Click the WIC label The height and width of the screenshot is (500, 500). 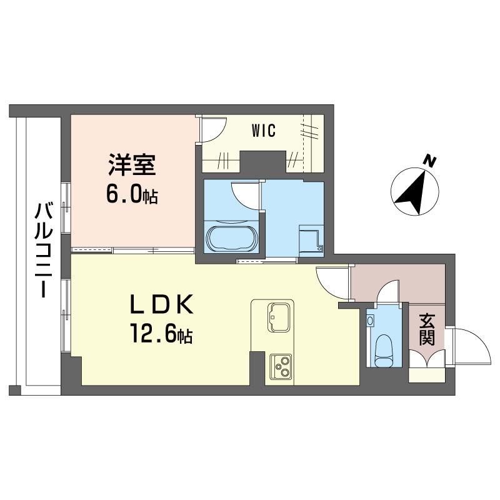pyautogui.click(x=263, y=130)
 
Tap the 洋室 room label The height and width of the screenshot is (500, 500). pyautogui.click(x=132, y=164)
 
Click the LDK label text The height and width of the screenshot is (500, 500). pyautogui.click(x=161, y=304)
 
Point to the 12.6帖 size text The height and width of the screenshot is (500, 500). pyautogui.click(x=161, y=333)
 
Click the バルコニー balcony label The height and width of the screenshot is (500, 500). pyautogui.click(x=43, y=250)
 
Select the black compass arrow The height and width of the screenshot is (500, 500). pyautogui.click(x=412, y=192)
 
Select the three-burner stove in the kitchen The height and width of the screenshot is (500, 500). pyautogui.click(x=281, y=367)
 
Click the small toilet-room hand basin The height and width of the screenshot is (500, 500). pyautogui.click(x=370, y=320)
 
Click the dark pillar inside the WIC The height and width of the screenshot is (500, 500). pyautogui.click(x=262, y=162)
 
